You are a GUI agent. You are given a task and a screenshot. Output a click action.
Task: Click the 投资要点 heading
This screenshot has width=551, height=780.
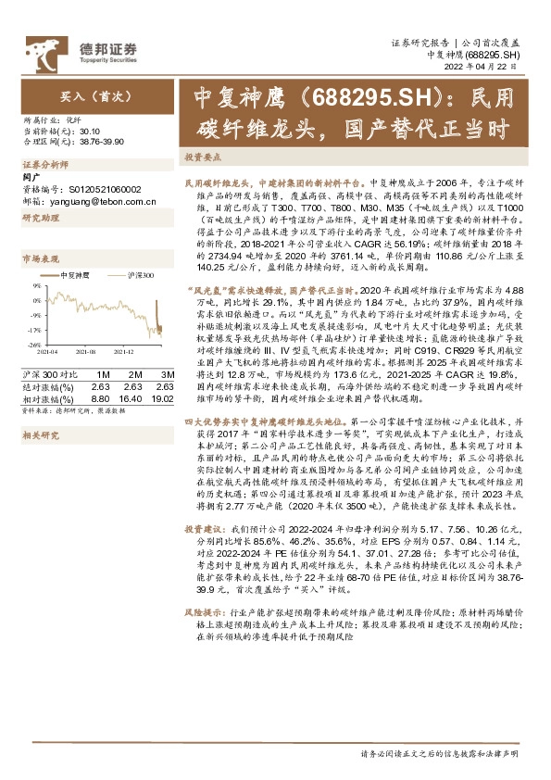pyautogui.click(x=201, y=157)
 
